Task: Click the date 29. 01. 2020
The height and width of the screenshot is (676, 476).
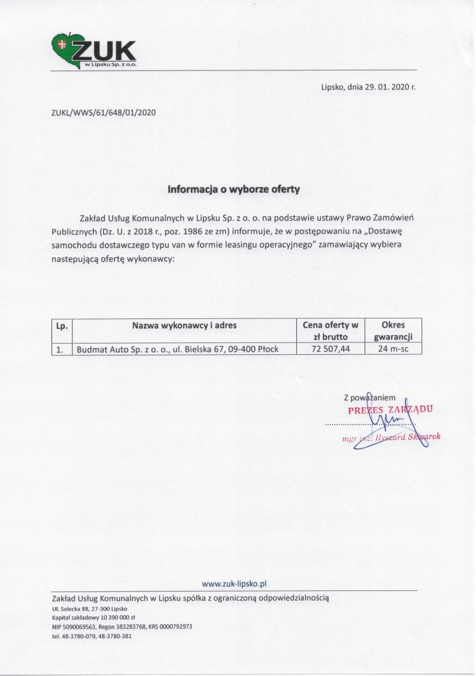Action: [x=385, y=87]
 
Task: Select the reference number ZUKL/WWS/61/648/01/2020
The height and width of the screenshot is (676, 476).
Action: [x=103, y=112]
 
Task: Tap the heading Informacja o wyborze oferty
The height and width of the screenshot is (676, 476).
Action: [x=234, y=189]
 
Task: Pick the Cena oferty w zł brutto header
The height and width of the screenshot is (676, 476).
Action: [x=330, y=330]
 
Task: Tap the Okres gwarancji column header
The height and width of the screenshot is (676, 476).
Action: [x=393, y=330]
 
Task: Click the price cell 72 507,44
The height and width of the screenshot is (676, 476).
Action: [x=330, y=349]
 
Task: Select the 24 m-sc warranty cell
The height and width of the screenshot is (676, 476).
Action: [x=393, y=349]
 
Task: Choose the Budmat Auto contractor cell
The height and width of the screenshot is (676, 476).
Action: [x=177, y=349]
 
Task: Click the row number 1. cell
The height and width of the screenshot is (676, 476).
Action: [x=60, y=349]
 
